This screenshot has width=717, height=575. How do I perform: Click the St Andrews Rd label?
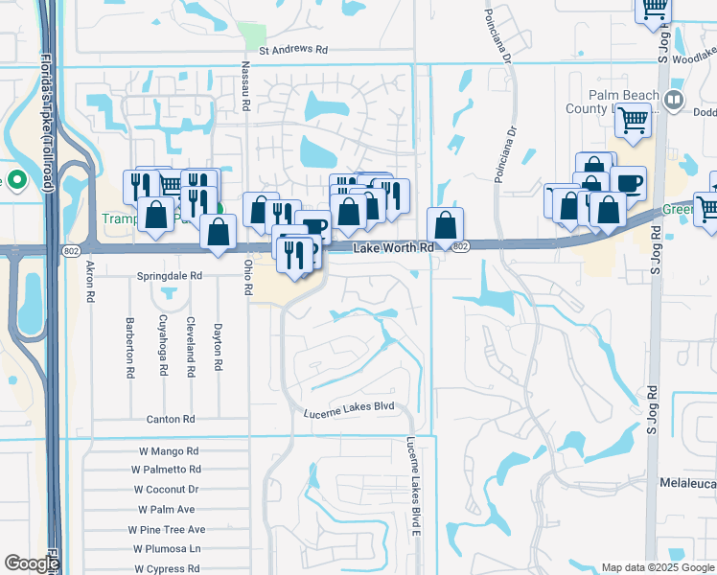(x=293, y=49)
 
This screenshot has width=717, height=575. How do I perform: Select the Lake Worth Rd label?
(x=394, y=247)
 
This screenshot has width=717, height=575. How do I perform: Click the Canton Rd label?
(x=171, y=420)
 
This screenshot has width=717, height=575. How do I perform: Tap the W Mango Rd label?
(x=166, y=450)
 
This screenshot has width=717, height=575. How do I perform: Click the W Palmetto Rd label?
(x=166, y=470)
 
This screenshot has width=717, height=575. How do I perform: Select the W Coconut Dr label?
(x=166, y=490)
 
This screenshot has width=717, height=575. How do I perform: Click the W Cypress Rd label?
(x=167, y=568)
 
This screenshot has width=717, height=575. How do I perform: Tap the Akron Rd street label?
(x=90, y=282)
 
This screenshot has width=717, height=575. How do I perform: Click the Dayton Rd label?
(x=220, y=345)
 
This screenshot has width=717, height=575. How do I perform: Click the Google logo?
(x=31, y=563)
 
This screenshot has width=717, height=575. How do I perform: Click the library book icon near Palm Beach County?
(x=673, y=100)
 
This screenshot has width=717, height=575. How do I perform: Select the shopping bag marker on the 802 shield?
(x=445, y=226)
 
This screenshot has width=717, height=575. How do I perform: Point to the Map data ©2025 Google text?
(x=658, y=567)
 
